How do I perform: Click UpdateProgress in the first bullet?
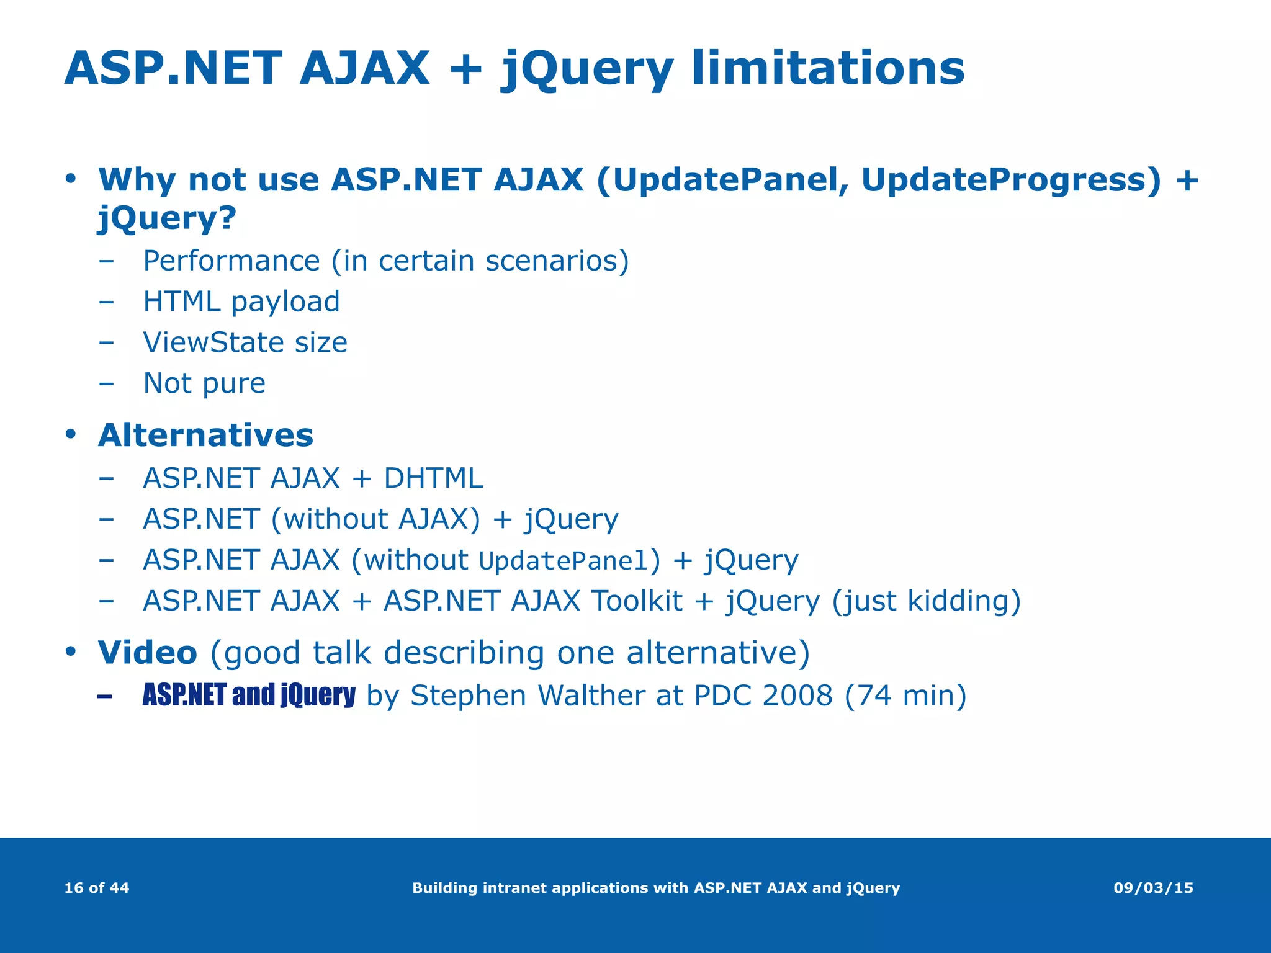coord(1010,180)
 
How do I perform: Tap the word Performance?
coord(231,261)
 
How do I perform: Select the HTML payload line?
coord(241,302)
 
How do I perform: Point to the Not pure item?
coord(204,383)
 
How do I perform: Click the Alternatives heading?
coord(205,435)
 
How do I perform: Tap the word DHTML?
coord(433,478)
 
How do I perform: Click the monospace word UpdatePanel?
coord(564,561)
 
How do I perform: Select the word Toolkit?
coord(637,601)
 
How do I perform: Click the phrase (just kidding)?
coord(926,601)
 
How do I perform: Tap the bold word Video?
coord(147,653)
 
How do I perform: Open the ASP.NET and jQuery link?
coord(248,695)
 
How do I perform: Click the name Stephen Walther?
coord(528,696)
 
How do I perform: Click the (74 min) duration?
coord(905,696)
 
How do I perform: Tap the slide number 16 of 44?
coord(97,888)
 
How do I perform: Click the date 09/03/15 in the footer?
coord(1153,888)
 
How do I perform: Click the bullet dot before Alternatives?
coord(70,434)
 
